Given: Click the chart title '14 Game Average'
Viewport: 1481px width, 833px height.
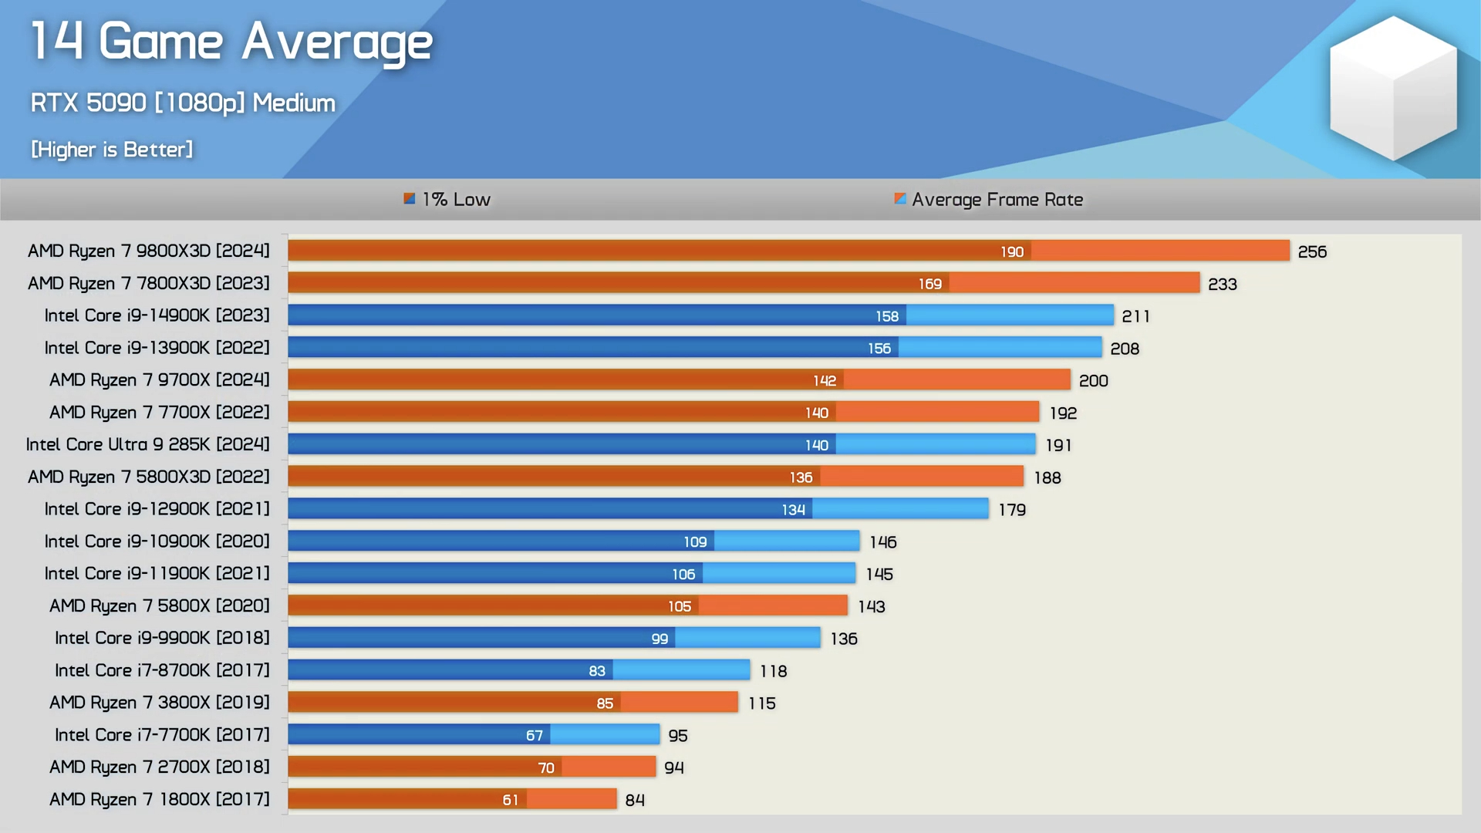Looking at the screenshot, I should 231,42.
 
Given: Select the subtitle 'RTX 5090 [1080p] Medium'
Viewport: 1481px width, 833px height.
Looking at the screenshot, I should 183,103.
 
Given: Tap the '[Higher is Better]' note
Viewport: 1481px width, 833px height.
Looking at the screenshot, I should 112,149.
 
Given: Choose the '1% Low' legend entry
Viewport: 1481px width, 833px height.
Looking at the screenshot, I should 448,200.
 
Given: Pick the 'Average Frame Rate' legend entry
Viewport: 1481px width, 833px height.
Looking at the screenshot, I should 990,200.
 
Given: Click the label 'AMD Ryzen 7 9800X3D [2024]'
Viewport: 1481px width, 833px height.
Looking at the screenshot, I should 149,251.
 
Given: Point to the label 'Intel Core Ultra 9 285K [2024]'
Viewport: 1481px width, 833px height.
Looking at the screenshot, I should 147,444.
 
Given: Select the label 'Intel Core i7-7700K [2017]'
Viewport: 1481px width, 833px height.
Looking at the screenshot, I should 162,735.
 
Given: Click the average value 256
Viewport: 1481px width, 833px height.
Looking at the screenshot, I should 1312,252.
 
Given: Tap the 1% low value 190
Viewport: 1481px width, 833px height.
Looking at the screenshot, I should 1012,252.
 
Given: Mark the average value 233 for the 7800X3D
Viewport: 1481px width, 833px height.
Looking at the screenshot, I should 1223,285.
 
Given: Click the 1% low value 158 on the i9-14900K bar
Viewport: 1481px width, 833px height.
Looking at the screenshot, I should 887,316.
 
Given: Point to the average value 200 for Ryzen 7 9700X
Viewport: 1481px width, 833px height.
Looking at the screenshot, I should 1093,381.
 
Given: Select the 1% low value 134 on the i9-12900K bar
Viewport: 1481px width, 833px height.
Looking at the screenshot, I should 793,510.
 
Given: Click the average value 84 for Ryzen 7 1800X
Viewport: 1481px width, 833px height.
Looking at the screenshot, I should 635,801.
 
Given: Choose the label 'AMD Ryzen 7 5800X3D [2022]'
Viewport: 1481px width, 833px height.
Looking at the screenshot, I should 149,477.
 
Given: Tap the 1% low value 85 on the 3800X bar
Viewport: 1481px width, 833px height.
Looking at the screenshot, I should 605,703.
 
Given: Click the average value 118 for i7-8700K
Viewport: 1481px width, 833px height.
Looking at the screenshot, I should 773,671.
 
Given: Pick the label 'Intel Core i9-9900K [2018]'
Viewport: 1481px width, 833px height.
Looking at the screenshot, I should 162,638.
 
